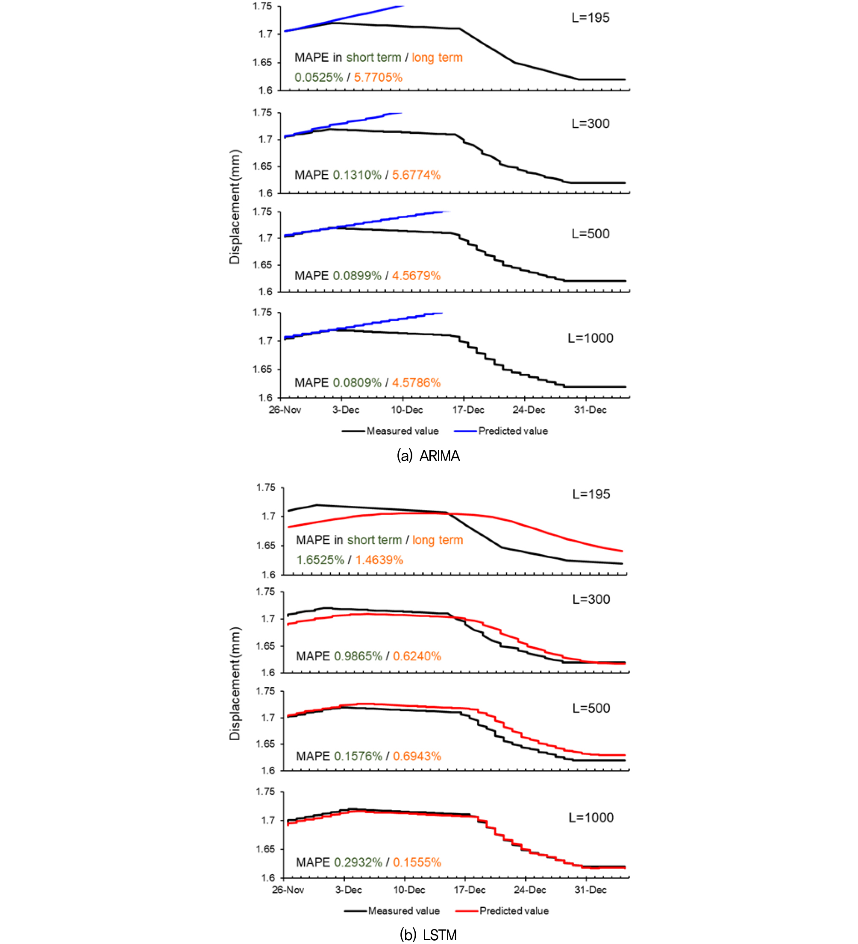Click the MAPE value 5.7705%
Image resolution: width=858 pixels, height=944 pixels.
[x=378, y=77]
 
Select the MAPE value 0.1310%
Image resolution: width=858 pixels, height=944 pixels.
[x=357, y=175]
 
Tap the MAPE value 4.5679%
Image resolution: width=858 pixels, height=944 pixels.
[x=416, y=276]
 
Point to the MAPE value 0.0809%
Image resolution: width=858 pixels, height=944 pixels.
[x=357, y=383]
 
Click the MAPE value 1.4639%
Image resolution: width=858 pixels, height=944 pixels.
[x=379, y=560]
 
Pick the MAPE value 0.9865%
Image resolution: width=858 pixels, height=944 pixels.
[x=358, y=656]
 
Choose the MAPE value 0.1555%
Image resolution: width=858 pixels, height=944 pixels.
[x=417, y=862]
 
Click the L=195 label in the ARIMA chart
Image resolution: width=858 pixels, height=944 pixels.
[x=590, y=18]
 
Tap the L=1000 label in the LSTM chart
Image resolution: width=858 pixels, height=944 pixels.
[x=591, y=818]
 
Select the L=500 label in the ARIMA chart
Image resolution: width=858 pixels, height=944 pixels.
[x=590, y=234]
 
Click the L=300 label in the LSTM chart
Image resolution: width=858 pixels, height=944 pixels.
[x=591, y=599]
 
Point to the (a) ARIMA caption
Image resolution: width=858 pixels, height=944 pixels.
[x=428, y=456]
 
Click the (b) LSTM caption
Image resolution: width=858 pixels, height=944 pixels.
[x=428, y=935]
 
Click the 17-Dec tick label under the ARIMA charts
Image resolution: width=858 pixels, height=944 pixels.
[x=468, y=410]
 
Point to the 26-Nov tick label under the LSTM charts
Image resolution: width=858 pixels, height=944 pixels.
[x=288, y=890]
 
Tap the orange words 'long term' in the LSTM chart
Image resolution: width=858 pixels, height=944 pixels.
[x=438, y=540]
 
